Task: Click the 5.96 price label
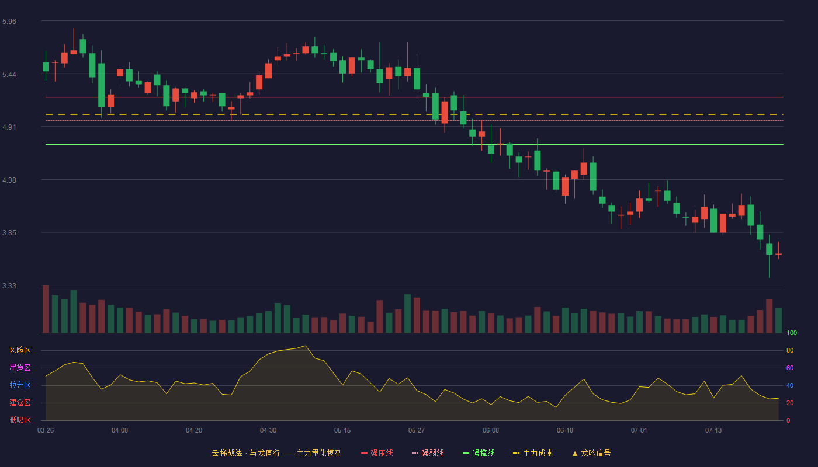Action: coord(9,22)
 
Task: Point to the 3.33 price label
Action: coord(9,285)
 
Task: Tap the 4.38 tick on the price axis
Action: coord(9,180)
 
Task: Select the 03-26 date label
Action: coord(46,431)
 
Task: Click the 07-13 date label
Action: coord(713,431)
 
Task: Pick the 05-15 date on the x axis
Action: coord(342,431)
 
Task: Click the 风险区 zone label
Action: coord(20,350)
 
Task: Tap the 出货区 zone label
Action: coord(20,367)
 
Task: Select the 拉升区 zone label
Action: coord(20,385)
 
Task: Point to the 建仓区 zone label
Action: coord(20,402)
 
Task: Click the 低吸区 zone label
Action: coord(20,420)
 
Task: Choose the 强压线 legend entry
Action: coord(377,453)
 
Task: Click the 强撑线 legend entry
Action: coord(479,453)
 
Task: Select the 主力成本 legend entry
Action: coord(533,453)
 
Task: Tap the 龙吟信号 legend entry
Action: coord(591,453)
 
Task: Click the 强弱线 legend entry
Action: coord(428,453)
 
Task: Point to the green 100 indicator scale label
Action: coord(792,333)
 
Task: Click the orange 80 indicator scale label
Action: coord(790,350)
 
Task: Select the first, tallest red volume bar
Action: coord(46,309)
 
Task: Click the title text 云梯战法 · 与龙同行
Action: coord(246,453)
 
